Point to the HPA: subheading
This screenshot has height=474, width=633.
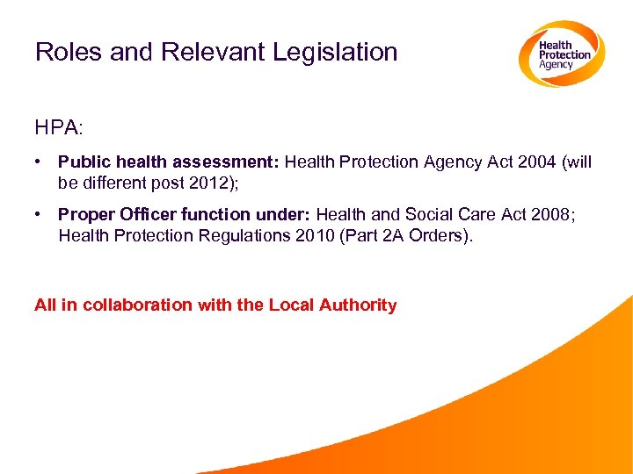click(x=59, y=127)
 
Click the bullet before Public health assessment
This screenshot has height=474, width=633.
click(x=41, y=162)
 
